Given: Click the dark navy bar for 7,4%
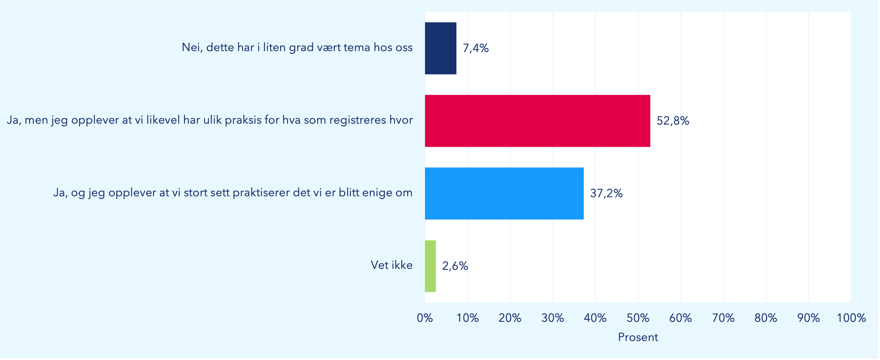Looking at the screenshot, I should pyautogui.click(x=440, y=48).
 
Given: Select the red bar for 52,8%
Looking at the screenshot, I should pyautogui.click(x=537, y=121).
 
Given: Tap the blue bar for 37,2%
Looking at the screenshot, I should pyautogui.click(x=504, y=193).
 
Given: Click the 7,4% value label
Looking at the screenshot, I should pyautogui.click(x=476, y=48).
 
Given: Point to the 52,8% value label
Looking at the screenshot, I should pyautogui.click(x=673, y=121).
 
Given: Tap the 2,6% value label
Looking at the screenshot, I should pyautogui.click(x=455, y=266).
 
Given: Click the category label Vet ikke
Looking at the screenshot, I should pyautogui.click(x=391, y=265).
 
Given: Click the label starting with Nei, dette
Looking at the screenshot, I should pyautogui.click(x=297, y=47).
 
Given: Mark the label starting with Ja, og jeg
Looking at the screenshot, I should pyautogui.click(x=233, y=193).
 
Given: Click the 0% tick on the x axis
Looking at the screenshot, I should pyautogui.click(x=425, y=318).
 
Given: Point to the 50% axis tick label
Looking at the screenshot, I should pyautogui.click(x=638, y=318).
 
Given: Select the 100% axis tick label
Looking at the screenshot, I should pyautogui.click(x=851, y=318).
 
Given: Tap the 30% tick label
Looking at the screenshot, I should pyautogui.click(x=552, y=318).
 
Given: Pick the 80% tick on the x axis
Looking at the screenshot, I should pyautogui.click(x=766, y=318).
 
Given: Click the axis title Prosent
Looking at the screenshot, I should pyautogui.click(x=638, y=337).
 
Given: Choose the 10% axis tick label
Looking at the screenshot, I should pyautogui.click(x=467, y=318).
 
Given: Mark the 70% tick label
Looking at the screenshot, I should pyautogui.click(x=723, y=318).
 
